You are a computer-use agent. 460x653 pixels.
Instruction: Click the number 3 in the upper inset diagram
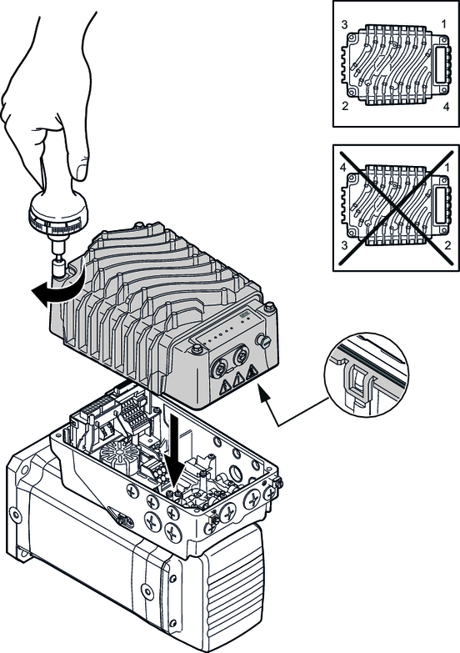[344, 25]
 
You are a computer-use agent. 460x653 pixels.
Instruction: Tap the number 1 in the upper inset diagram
[444, 24]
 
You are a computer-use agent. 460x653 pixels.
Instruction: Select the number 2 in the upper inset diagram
[345, 106]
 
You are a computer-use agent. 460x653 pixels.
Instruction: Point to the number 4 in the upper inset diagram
[447, 107]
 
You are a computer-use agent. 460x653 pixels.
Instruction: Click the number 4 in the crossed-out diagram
[342, 168]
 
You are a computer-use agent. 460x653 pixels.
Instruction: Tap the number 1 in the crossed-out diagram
[447, 168]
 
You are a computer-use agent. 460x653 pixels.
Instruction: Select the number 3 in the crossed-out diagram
[344, 245]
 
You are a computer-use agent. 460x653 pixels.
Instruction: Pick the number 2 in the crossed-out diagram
[447, 245]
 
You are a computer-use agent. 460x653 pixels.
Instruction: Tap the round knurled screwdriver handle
[59, 210]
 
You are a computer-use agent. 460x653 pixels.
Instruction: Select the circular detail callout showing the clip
[367, 374]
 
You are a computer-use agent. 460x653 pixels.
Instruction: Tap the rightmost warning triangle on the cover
[252, 373]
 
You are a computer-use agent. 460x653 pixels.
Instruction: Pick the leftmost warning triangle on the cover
[224, 388]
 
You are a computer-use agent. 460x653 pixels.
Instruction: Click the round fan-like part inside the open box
[117, 453]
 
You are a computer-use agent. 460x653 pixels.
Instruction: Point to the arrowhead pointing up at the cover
[263, 393]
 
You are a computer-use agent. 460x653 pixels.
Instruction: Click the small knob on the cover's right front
[264, 341]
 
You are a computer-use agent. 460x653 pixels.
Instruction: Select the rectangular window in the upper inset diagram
[441, 63]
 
